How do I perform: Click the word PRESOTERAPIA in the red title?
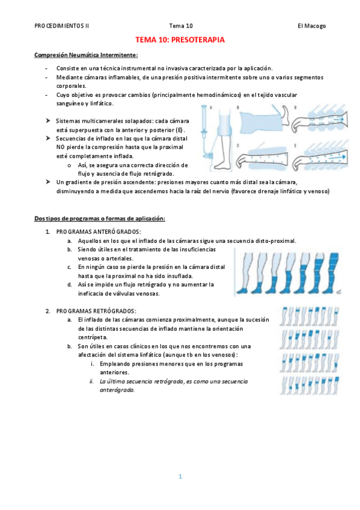pos(198,40)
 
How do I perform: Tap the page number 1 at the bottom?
pos(180,476)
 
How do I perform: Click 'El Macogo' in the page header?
pos(311,26)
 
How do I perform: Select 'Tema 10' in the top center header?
pos(181,26)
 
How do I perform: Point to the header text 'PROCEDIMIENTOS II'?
pos(62,26)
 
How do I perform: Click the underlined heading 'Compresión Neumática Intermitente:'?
pos(86,55)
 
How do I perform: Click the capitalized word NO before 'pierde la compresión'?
pos(60,147)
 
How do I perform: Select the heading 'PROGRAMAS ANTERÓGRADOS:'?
pos(99,232)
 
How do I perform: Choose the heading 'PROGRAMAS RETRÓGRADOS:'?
pos(96,312)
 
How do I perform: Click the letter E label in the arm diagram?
pos(295,146)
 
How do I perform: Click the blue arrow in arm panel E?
pos(335,158)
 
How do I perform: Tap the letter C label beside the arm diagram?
pos(238,146)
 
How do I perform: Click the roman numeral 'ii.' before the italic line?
pos(91,381)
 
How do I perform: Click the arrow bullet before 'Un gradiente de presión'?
pos(48,182)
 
